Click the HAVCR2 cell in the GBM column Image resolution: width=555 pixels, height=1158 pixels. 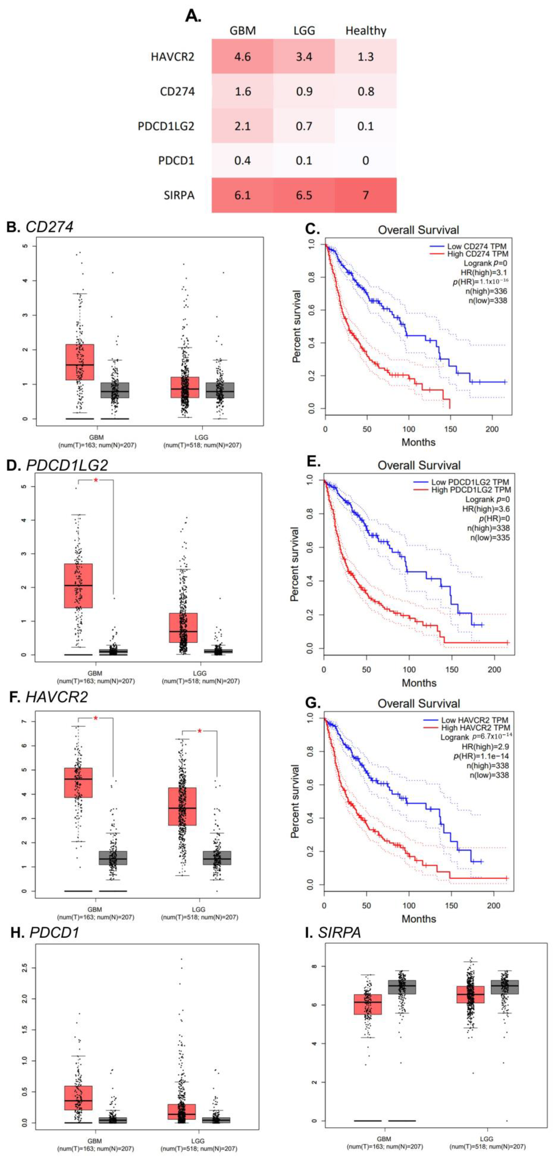click(x=243, y=57)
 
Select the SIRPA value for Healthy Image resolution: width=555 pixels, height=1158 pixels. click(x=366, y=195)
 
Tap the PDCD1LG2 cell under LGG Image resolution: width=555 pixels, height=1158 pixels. click(x=304, y=126)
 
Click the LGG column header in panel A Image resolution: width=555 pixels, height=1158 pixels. click(x=304, y=31)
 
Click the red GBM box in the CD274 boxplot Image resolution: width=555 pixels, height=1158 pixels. click(x=80, y=362)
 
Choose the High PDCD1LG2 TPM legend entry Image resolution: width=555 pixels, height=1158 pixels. click(x=471, y=490)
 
